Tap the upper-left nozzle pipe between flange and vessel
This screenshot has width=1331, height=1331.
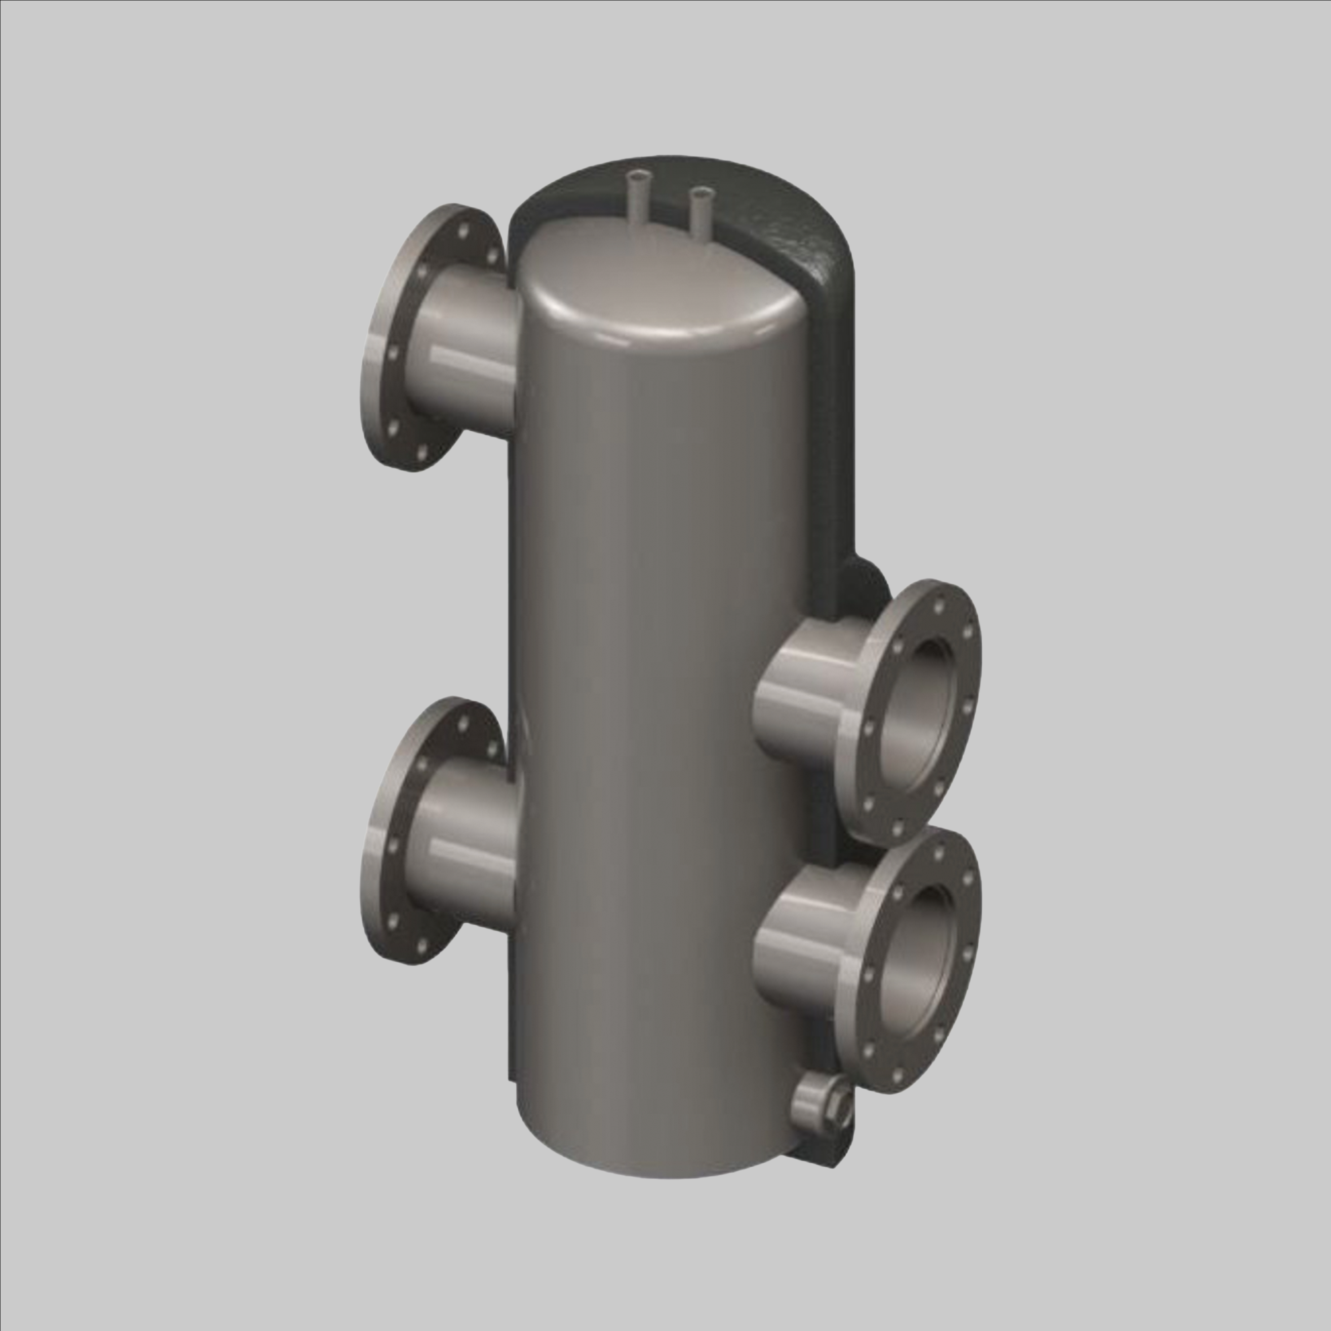point(469,351)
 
